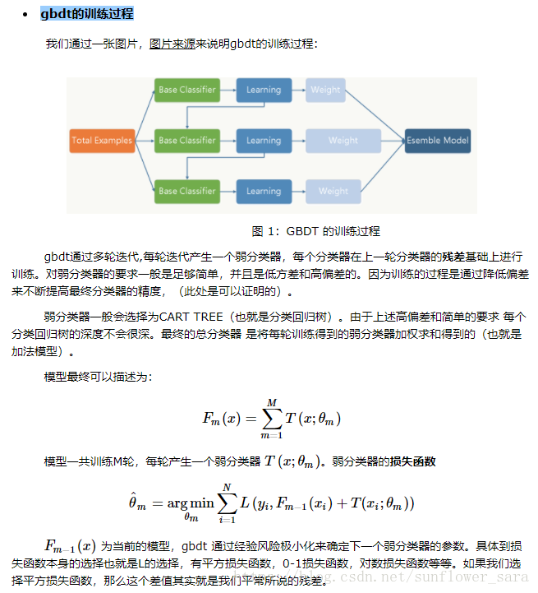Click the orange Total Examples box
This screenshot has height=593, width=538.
click(x=102, y=141)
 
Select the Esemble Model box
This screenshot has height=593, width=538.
click(x=438, y=141)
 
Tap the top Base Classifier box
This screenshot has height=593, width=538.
click(x=187, y=90)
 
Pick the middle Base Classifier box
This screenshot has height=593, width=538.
click(x=187, y=141)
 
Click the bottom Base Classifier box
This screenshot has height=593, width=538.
click(x=187, y=192)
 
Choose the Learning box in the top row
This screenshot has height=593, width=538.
click(x=264, y=90)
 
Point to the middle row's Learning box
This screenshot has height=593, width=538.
click(x=264, y=141)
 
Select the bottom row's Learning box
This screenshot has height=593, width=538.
click(x=264, y=192)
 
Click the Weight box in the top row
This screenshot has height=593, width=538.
click(x=325, y=90)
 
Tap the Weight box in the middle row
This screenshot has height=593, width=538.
click(x=343, y=141)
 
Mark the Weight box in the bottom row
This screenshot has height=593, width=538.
click(x=333, y=192)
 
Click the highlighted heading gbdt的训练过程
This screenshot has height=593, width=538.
click(x=86, y=14)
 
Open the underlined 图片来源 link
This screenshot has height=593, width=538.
click(x=172, y=44)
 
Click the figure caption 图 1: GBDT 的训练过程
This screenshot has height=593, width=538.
click(x=315, y=231)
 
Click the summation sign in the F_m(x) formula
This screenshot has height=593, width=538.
click(x=272, y=418)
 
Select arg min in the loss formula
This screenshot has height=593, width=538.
click(x=191, y=503)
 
